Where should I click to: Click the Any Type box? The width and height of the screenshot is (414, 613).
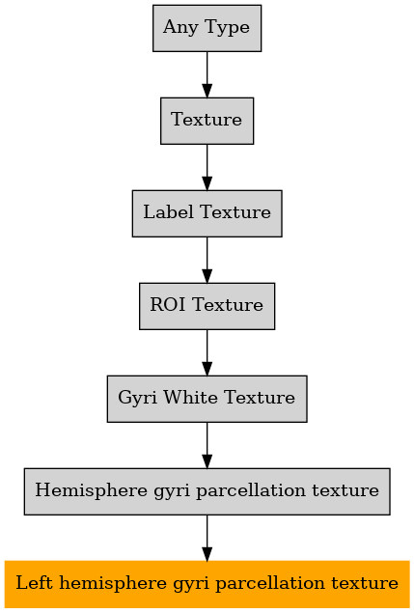coord(207,28)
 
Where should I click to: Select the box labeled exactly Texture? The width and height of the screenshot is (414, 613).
coord(207,121)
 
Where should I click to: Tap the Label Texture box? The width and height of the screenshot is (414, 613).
coord(207,213)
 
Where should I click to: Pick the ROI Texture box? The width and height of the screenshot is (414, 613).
coord(207,306)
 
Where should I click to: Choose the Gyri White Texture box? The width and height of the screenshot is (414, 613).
coord(207,399)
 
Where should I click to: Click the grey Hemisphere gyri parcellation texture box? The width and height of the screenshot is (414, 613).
coord(207,491)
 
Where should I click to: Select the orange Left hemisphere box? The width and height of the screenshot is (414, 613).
coord(207,584)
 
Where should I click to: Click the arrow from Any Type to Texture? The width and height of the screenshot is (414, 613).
coord(207,74)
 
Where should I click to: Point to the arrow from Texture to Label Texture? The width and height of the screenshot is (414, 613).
coord(207,167)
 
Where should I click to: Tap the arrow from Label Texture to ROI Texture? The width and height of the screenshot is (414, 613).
coord(207,260)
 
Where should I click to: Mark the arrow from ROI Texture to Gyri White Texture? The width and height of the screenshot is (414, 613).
coord(207,352)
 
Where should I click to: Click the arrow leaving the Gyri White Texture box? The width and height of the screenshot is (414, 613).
coord(207,445)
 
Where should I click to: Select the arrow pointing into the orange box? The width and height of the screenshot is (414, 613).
coord(207,538)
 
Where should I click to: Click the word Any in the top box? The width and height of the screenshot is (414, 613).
coord(180,28)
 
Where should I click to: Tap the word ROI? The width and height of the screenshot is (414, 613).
coord(168,304)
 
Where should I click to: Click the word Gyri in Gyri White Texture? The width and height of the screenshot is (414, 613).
coord(138,398)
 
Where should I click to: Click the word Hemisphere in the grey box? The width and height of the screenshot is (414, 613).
coord(91,490)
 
